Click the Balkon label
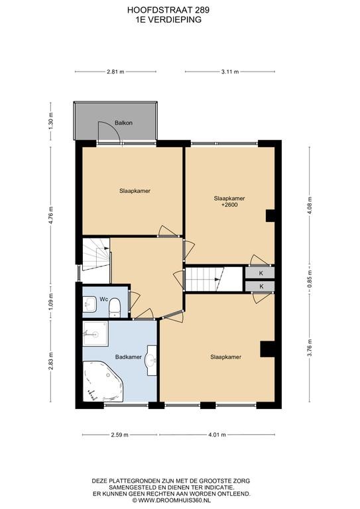pos(123,123)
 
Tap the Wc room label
pos(103,299)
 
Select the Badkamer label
pos(129,357)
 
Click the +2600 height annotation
pos(229,205)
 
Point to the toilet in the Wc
pos(114,307)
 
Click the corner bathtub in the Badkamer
pos(103,381)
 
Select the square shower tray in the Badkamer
pos(95,334)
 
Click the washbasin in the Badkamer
pos(152,360)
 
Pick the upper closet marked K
pos(260,273)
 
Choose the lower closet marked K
pos(260,286)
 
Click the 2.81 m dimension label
pos(115,72)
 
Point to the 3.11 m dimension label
pos(230,72)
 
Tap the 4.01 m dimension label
pos(217,435)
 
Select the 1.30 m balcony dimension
pos(50,121)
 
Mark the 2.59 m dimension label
pos(119,435)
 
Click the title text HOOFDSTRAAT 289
pos(168,10)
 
